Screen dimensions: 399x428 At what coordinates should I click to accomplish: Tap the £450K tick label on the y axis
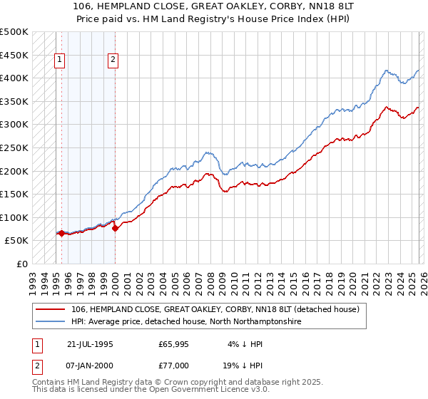click(14, 55)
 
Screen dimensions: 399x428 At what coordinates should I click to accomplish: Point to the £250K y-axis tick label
click(14, 147)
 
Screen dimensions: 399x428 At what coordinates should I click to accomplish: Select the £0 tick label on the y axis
click(23, 264)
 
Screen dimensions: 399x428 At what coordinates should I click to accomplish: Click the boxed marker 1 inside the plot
click(59, 61)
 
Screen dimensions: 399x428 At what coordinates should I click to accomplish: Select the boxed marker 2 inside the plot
click(113, 61)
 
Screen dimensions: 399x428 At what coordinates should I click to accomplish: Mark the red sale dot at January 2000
click(115, 228)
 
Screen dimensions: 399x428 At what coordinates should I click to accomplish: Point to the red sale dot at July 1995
click(61, 233)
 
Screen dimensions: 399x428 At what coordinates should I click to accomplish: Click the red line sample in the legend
click(51, 309)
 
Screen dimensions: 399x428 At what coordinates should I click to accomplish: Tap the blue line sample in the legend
click(51, 322)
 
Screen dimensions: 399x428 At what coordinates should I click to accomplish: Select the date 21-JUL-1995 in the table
click(89, 343)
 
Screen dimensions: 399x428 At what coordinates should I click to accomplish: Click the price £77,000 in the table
click(173, 365)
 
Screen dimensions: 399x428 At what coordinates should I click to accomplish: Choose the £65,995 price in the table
click(173, 343)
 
